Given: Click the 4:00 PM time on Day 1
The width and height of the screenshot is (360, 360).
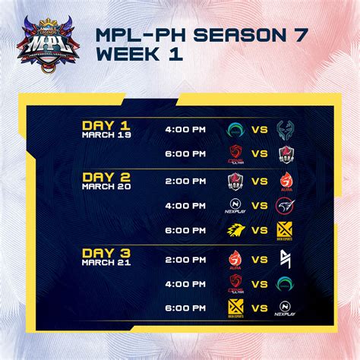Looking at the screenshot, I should [185, 129].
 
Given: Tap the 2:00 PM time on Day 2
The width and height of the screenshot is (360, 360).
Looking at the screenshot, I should [185, 182].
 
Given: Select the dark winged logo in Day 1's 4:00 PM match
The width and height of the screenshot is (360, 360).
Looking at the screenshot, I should [286, 129].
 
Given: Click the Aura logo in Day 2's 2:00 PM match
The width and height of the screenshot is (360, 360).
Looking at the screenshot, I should [286, 182].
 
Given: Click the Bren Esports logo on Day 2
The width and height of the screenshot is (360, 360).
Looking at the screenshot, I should [286, 230].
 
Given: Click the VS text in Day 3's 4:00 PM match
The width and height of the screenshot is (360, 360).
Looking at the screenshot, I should [261, 284].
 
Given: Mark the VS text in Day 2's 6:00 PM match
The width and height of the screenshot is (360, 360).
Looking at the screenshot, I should [261, 230].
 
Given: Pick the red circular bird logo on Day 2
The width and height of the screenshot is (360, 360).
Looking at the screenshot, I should [286, 205].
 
